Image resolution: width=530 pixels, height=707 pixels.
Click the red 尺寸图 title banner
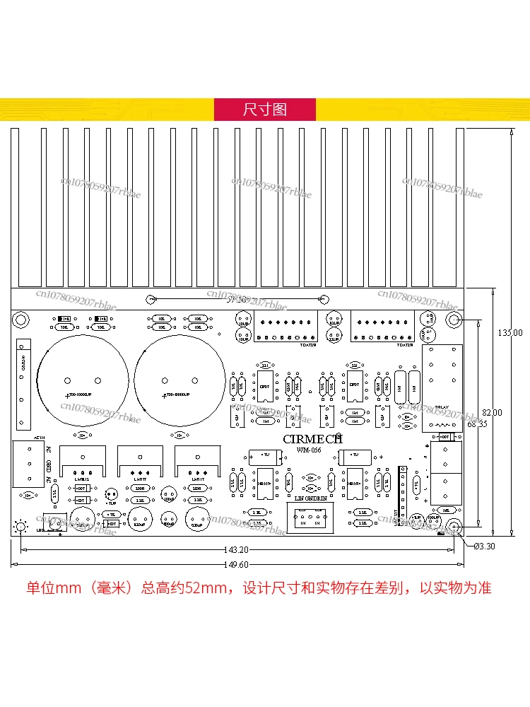click(x=265, y=110)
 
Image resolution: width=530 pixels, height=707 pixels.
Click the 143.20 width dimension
click(x=236, y=549)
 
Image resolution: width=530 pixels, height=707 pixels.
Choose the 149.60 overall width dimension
click(x=236, y=564)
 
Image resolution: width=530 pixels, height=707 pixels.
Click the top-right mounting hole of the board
click(x=452, y=320)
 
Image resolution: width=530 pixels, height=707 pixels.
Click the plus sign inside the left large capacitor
click(x=69, y=395)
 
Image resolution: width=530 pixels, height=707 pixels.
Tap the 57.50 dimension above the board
click(x=236, y=300)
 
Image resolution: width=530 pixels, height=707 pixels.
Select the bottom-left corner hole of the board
click(x=21, y=527)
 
